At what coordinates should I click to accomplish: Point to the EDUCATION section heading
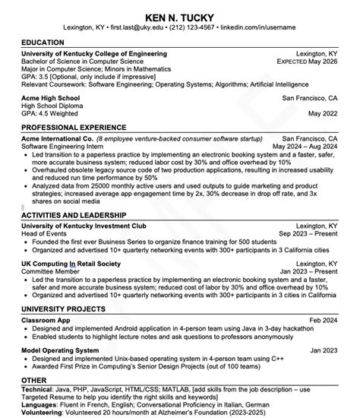(x=43, y=42)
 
